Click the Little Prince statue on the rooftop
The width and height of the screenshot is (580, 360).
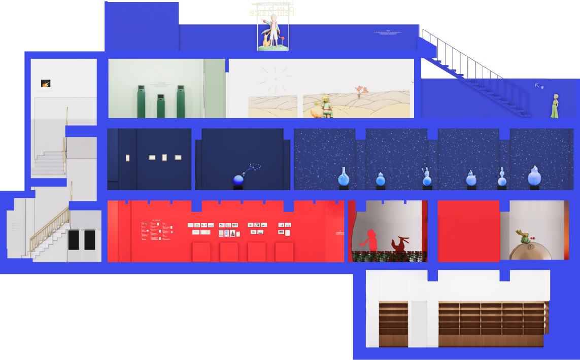[x=273, y=31]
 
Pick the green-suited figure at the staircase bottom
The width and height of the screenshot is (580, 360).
[x=555, y=106]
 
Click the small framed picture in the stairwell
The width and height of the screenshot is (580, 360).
[x=46, y=83]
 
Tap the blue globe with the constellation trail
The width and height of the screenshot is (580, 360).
[x=238, y=179]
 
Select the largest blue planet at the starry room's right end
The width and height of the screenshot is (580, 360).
[x=534, y=176]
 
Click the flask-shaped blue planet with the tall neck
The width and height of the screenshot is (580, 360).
[x=344, y=176]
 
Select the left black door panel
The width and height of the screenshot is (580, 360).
[x=74, y=240]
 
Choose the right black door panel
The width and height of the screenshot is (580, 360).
[x=90, y=240]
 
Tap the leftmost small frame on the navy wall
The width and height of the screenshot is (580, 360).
[x=127, y=158]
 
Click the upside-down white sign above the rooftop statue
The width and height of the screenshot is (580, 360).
[x=272, y=10]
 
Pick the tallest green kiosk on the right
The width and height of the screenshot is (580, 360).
[x=180, y=100]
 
